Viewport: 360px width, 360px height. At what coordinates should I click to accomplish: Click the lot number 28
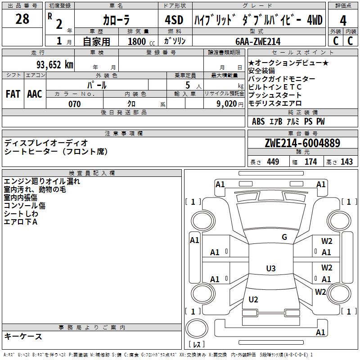[x=22, y=19]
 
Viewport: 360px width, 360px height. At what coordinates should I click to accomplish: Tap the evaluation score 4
[x=343, y=20]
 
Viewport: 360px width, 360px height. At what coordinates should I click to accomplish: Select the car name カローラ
[x=116, y=20]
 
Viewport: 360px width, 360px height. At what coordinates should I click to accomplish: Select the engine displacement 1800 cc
[x=138, y=41]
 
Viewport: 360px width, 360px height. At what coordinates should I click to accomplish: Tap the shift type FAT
[x=13, y=94]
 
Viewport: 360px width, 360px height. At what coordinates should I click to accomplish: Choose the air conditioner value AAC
[x=34, y=94]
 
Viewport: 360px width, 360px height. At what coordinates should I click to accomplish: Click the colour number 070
[x=74, y=104]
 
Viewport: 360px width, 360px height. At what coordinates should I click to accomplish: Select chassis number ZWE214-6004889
[x=302, y=144]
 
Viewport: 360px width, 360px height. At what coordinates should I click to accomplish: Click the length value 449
[x=273, y=162]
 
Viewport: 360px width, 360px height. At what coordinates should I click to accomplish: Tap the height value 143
[x=346, y=162]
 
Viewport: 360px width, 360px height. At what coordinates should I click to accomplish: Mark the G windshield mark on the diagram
[x=284, y=237]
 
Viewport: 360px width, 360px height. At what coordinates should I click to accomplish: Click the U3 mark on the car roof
[x=270, y=269]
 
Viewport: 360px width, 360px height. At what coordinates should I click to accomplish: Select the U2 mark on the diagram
[x=253, y=300]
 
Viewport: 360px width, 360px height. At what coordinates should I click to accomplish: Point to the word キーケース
[x=23, y=337]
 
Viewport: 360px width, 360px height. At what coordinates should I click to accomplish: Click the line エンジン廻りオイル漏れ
[x=42, y=181]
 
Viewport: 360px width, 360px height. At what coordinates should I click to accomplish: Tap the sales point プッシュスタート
[x=275, y=95]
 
